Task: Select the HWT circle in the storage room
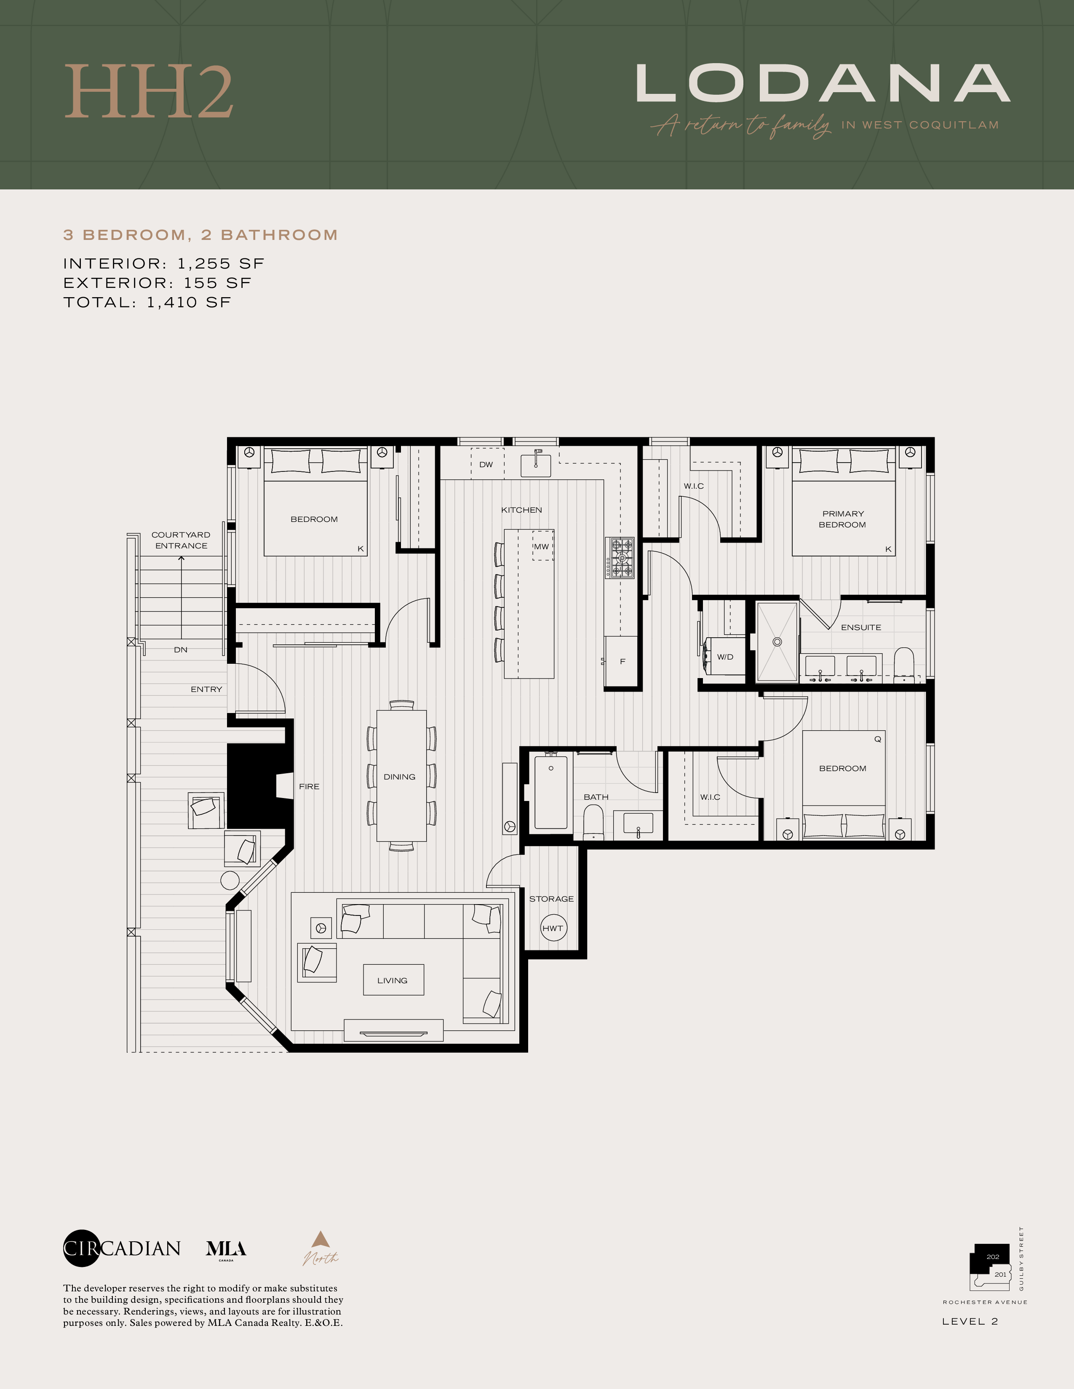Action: pos(553,928)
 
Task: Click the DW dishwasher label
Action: pos(486,464)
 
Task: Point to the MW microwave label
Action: pos(542,546)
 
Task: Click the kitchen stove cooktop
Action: pos(620,558)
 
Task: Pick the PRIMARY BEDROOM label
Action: pos(842,519)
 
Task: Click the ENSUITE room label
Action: pos(861,627)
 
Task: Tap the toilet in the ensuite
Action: pos(903,665)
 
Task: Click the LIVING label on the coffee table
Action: pos(393,980)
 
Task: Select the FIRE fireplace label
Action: pos(309,787)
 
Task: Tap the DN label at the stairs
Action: pos(181,649)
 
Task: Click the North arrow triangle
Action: pos(320,1239)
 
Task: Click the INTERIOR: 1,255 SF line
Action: pos(163,263)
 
